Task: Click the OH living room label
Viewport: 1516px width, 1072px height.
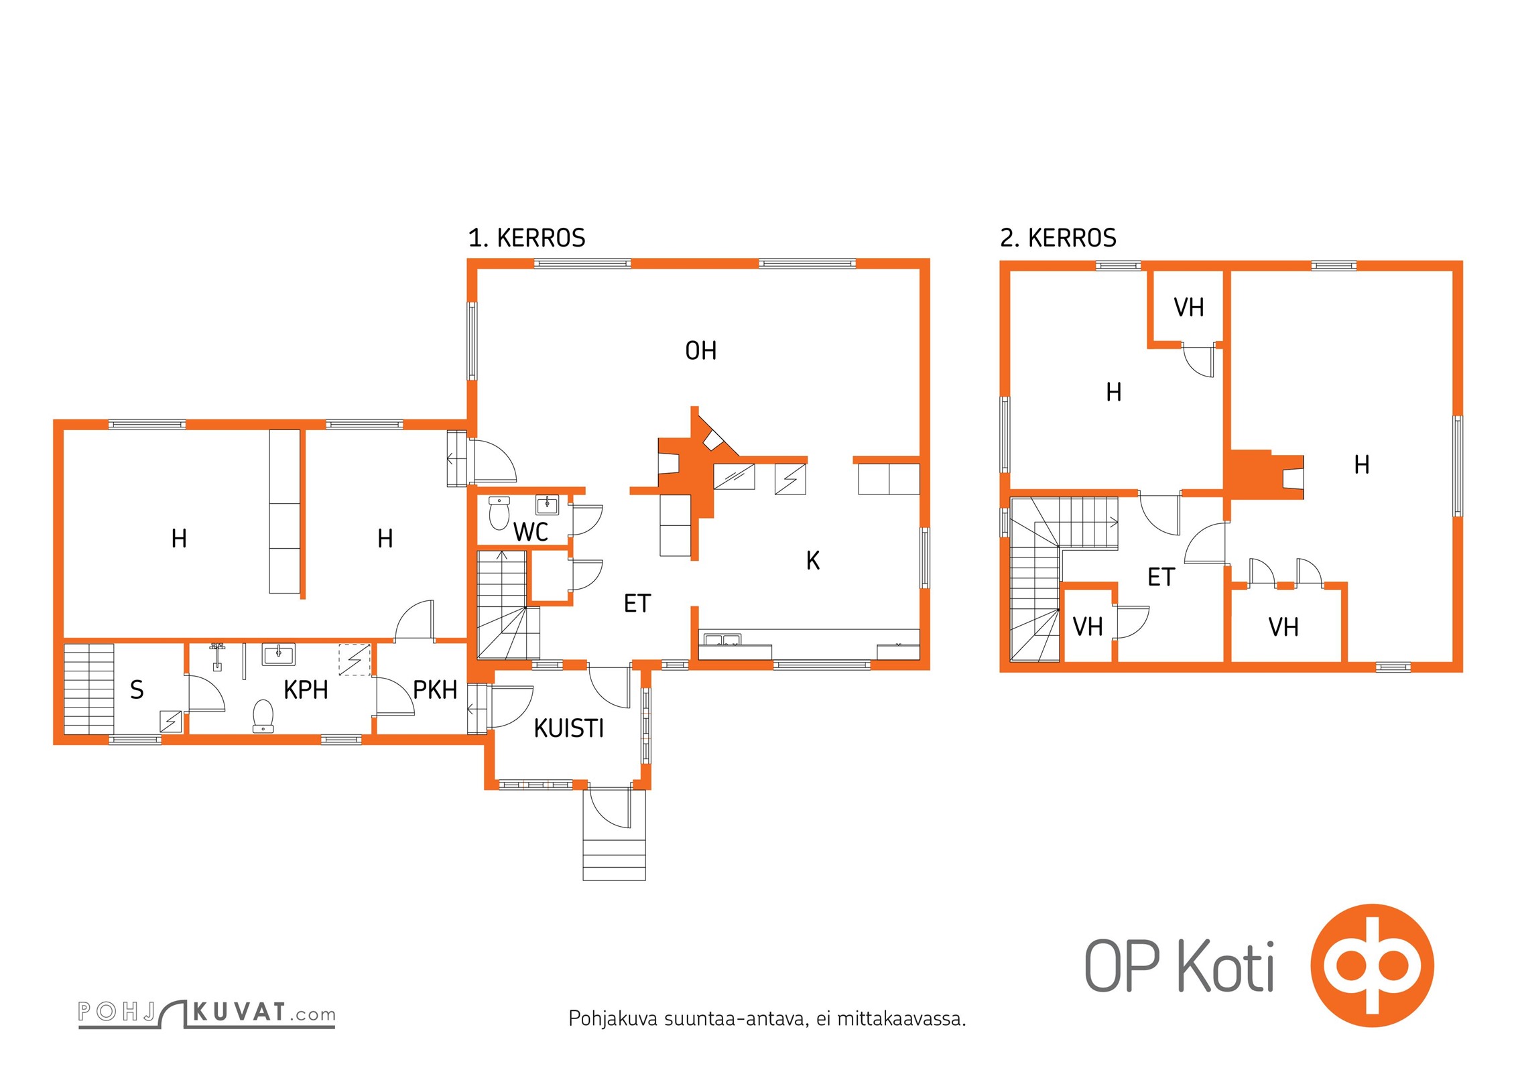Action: [x=701, y=351]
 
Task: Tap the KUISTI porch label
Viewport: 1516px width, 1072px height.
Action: [x=569, y=728]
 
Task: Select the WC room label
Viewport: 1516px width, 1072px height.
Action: [x=531, y=533]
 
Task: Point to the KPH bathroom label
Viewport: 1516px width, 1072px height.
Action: [x=306, y=690]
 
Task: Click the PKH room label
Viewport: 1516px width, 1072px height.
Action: [x=435, y=690]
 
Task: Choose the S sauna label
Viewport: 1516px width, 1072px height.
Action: [x=137, y=690]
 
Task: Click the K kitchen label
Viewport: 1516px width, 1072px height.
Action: [x=813, y=561]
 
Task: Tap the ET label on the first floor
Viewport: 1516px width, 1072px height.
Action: [x=637, y=604]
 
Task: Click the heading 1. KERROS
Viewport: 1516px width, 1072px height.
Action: [x=527, y=238]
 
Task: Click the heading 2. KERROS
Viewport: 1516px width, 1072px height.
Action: [x=1058, y=238]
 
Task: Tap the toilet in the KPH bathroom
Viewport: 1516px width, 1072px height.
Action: [x=263, y=716]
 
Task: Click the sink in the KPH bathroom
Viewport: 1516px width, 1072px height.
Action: [x=279, y=654]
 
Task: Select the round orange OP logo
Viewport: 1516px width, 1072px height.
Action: [x=1373, y=965]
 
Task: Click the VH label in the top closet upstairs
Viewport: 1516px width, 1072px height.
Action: [x=1189, y=308]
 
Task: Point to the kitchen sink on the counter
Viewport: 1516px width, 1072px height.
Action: [x=722, y=639]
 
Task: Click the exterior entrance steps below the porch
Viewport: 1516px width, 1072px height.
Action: [x=614, y=860]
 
